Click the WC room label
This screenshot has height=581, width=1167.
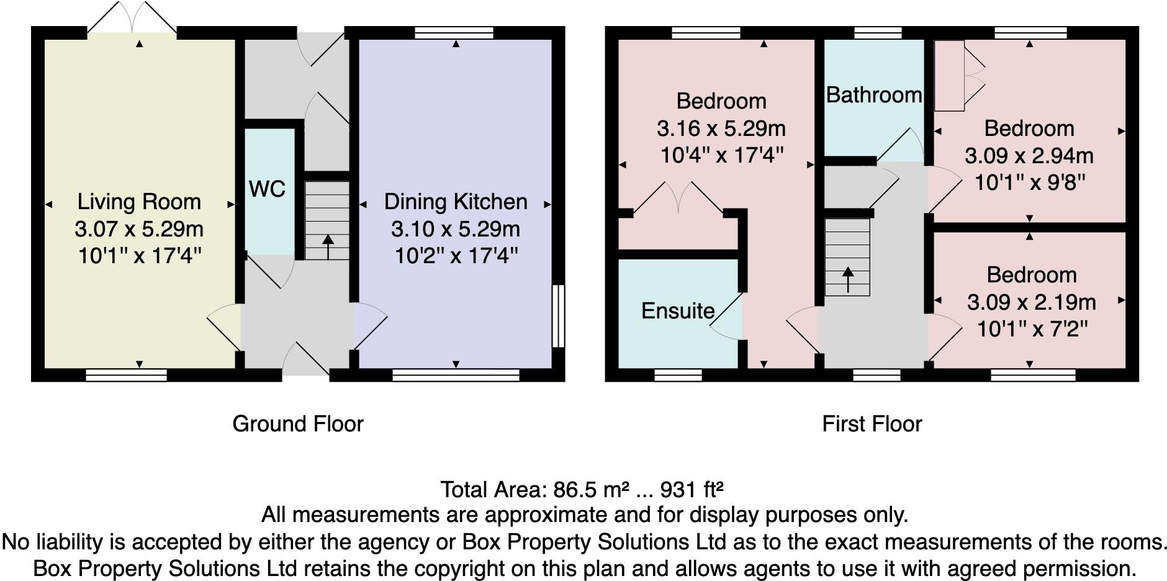(x=267, y=189)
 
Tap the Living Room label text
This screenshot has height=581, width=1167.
(x=139, y=202)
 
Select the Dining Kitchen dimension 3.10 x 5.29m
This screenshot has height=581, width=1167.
(x=456, y=229)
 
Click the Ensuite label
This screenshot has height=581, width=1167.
(x=678, y=310)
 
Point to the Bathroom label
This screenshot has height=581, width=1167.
(x=874, y=95)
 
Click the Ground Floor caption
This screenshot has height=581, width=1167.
(x=298, y=424)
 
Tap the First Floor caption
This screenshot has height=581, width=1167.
(x=872, y=424)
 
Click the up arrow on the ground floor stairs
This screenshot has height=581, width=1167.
(x=328, y=246)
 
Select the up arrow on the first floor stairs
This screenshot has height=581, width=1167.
(x=847, y=279)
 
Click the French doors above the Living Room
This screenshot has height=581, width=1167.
(x=132, y=17)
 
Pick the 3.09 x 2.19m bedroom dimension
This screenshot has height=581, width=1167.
(x=1032, y=302)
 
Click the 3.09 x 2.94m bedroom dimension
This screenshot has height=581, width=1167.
(x=1029, y=156)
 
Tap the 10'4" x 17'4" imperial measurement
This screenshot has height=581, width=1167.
(x=721, y=155)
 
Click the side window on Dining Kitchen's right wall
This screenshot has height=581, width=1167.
(x=559, y=315)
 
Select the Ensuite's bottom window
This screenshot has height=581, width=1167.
(x=678, y=375)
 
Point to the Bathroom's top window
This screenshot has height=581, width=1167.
(x=878, y=32)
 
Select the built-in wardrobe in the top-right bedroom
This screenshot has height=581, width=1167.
(x=960, y=76)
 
